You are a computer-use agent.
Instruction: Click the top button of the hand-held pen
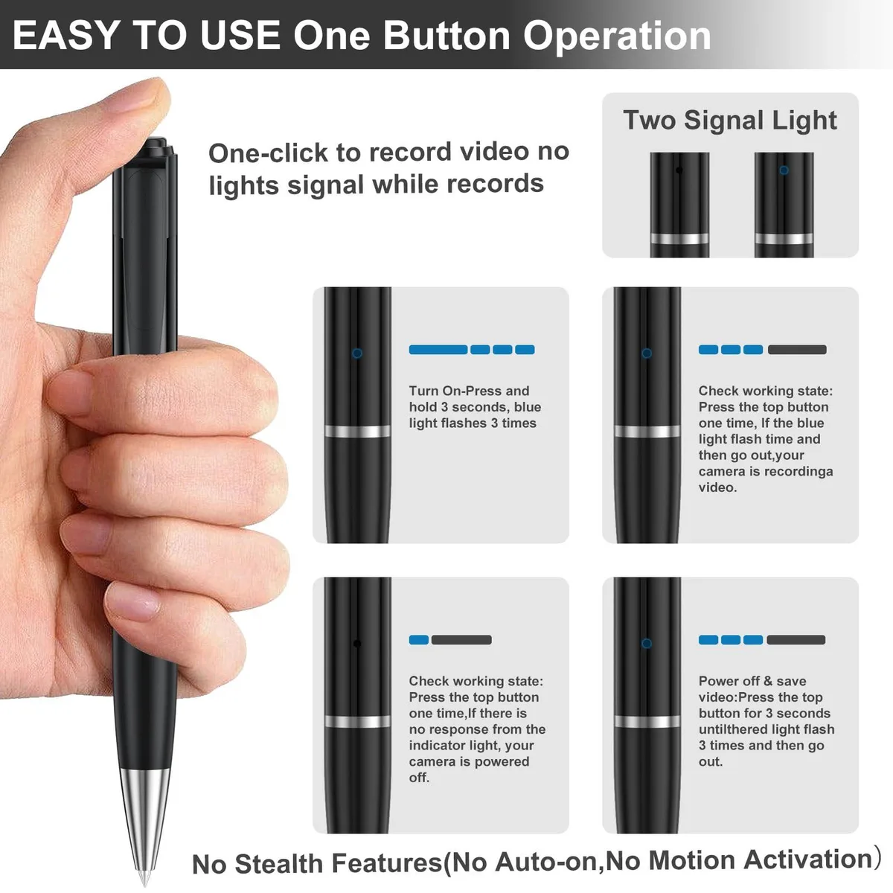(159, 147)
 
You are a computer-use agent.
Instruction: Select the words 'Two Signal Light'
(730, 121)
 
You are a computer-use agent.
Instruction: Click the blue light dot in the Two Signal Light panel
(784, 170)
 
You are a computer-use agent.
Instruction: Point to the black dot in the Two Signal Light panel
(679, 170)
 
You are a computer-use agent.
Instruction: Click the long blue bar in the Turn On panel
(438, 350)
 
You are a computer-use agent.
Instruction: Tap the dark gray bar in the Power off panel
(796, 640)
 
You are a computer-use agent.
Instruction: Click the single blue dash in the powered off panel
(418, 640)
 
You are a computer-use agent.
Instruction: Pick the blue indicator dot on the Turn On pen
(357, 353)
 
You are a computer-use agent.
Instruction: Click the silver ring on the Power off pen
(647, 721)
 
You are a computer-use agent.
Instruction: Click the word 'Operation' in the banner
(617, 37)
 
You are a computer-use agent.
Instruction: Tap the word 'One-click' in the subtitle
(268, 153)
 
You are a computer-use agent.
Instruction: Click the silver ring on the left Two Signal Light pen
(679, 239)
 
